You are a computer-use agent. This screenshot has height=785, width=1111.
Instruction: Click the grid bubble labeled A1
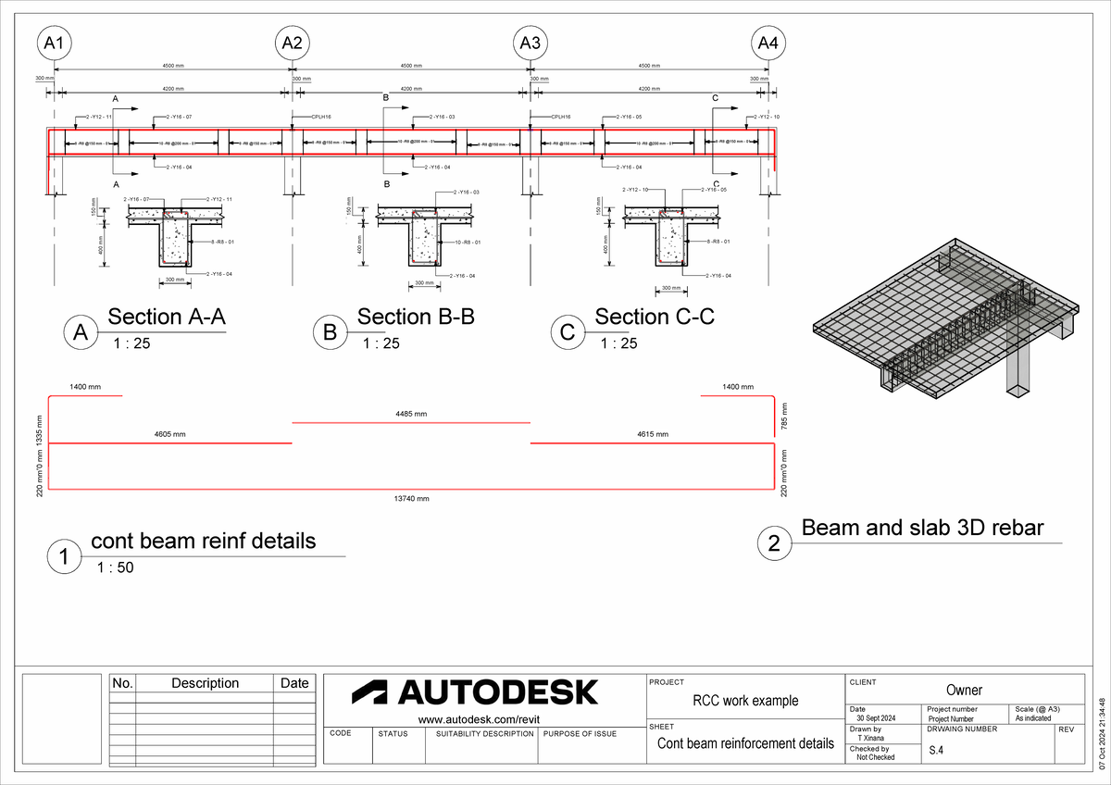click(x=55, y=43)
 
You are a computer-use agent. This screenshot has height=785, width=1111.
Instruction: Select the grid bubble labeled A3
click(x=530, y=43)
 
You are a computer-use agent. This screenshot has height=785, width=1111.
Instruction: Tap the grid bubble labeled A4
click(x=768, y=43)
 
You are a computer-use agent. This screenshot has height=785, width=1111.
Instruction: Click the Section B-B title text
click(x=416, y=317)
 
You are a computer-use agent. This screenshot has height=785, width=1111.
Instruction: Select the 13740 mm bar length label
click(x=412, y=498)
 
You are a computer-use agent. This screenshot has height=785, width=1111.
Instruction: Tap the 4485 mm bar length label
click(x=411, y=414)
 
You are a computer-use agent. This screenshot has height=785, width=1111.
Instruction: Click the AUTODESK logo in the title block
click(x=475, y=692)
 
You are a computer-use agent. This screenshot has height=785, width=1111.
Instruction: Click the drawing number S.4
click(x=937, y=753)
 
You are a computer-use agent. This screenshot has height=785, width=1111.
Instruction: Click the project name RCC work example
click(x=744, y=701)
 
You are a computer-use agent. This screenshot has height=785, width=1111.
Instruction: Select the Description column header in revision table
click(x=205, y=683)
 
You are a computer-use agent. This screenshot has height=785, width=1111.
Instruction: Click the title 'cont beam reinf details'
click(x=203, y=541)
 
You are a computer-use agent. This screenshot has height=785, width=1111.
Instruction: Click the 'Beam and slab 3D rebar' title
click(x=922, y=528)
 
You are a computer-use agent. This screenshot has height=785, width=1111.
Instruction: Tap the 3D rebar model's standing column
click(x=1021, y=370)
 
